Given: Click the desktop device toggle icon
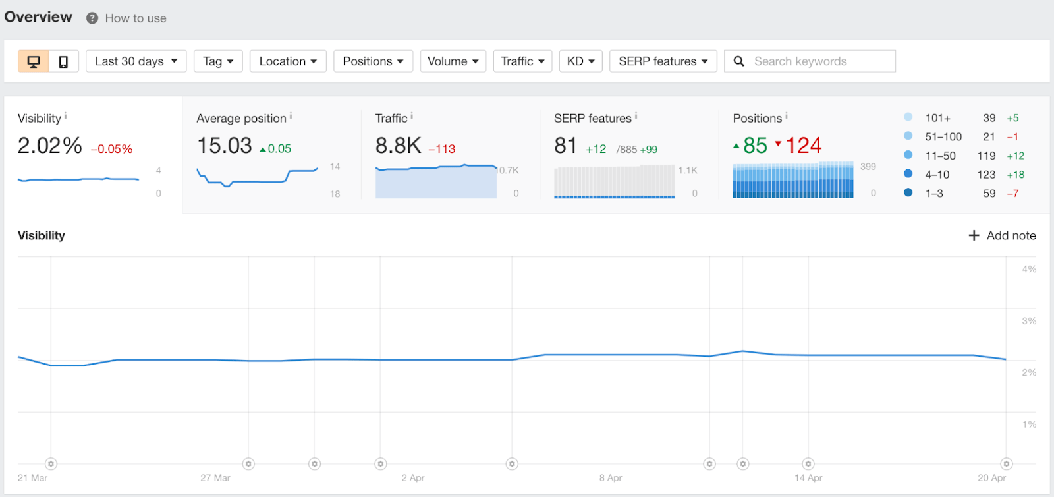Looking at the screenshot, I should click(x=34, y=61).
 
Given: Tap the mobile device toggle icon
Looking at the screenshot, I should click(x=63, y=61).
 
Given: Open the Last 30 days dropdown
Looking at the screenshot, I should click(x=136, y=61).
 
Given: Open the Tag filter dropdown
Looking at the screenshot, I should click(x=218, y=61).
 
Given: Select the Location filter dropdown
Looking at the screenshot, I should click(x=288, y=61).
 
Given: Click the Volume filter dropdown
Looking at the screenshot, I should click(x=453, y=61).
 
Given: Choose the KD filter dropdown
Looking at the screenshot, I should click(x=580, y=61).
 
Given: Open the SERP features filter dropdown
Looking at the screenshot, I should click(x=663, y=61).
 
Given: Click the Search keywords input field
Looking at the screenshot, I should click(x=817, y=61).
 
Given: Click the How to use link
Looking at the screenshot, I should click(x=135, y=18).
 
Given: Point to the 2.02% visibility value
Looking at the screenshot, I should click(x=50, y=146).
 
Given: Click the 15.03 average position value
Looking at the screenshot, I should click(x=225, y=146).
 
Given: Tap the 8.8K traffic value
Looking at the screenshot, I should click(x=398, y=146).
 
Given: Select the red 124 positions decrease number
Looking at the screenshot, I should click(x=803, y=146).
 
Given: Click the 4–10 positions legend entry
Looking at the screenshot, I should click(x=937, y=175).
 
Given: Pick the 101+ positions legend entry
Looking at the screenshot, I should click(x=937, y=118).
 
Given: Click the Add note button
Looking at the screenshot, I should click(x=1002, y=235).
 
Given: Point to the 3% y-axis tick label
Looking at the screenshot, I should click(x=1029, y=321).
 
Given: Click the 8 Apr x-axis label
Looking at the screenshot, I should click(x=611, y=478).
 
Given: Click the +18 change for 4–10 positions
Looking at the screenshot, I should click(x=1015, y=175).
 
